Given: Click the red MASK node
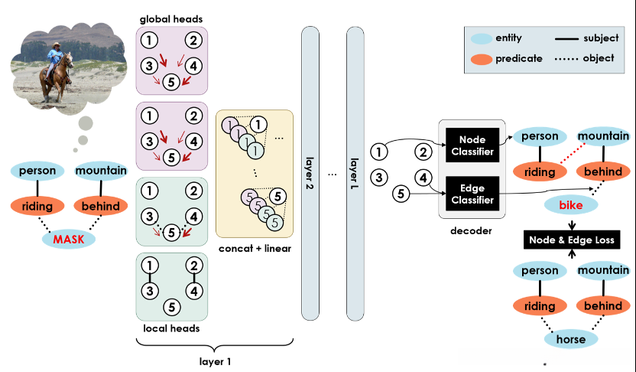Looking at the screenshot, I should click(x=68, y=239).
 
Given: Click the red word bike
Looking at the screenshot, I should click(x=571, y=206).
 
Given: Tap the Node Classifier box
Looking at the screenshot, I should click(x=472, y=144).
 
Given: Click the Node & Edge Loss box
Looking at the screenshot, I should click(x=571, y=240).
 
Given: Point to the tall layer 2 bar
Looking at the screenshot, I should click(x=310, y=172).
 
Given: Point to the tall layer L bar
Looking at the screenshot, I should click(x=355, y=172).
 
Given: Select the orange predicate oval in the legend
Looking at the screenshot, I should click(x=482, y=58).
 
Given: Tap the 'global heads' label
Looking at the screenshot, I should click(x=172, y=18).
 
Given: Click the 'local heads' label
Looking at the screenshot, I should click(x=172, y=329).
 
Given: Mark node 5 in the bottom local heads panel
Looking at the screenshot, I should click(x=172, y=308).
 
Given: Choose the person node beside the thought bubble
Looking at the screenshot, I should click(x=40, y=170).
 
